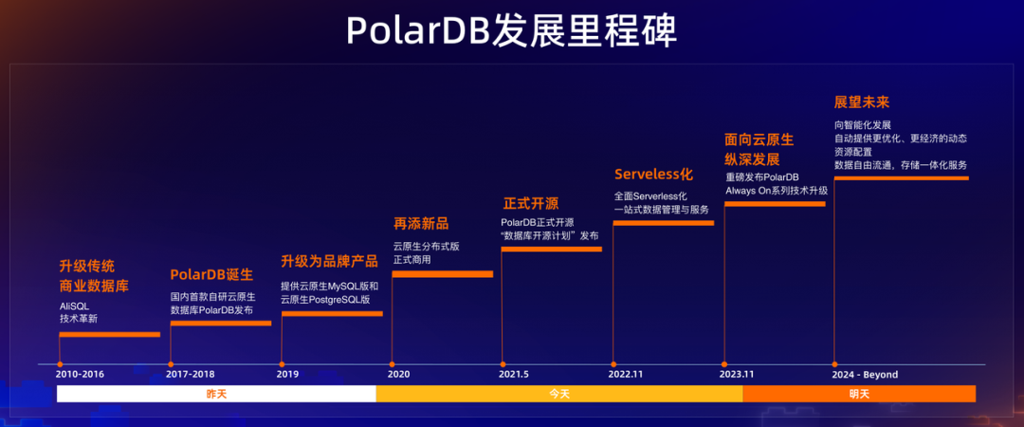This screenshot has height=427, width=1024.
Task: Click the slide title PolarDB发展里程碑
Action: click(x=511, y=31)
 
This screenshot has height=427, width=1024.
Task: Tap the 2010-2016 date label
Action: click(x=80, y=375)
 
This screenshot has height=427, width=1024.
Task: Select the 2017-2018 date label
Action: click(x=190, y=375)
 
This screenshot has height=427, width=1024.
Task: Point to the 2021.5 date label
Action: click(x=514, y=375)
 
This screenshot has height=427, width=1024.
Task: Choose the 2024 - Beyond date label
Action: click(x=865, y=375)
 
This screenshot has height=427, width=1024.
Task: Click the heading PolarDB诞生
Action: click(x=211, y=274)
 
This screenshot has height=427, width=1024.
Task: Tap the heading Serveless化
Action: click(x=654, y=175)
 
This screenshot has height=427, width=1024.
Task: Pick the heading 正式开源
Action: click(x=530, y=203)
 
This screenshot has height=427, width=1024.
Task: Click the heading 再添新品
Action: click(x=421, y=224)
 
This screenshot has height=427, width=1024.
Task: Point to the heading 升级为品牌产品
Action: click(x=328, y=262)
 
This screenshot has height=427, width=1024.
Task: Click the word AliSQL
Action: click(x=74, y=305)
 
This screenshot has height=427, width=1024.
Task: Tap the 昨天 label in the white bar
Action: click(x=217, y=394)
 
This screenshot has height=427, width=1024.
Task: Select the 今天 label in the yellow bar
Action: click(x=558, y=394)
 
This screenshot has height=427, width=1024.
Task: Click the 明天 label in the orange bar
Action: click(x=859, y=394)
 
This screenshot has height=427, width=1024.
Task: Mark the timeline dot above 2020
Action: click(x=393, y=363)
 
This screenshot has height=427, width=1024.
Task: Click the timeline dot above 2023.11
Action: click(x=724, y=363)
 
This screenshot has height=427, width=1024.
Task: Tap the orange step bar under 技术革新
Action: click(x=109, y=334)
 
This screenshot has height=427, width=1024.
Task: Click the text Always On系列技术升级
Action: click(x=777, y=191)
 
